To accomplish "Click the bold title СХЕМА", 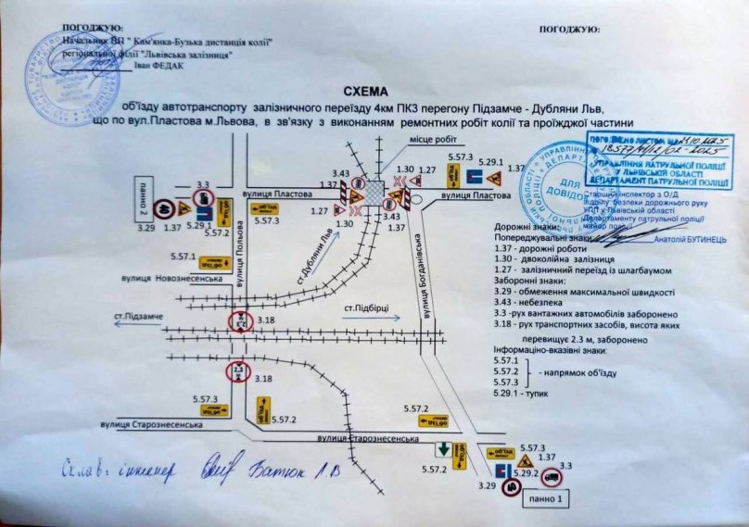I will [369, 93].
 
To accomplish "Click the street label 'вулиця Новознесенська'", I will [166, 278].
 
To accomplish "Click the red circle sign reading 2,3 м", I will [238, 372].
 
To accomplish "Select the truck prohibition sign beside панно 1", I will [551, 478].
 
